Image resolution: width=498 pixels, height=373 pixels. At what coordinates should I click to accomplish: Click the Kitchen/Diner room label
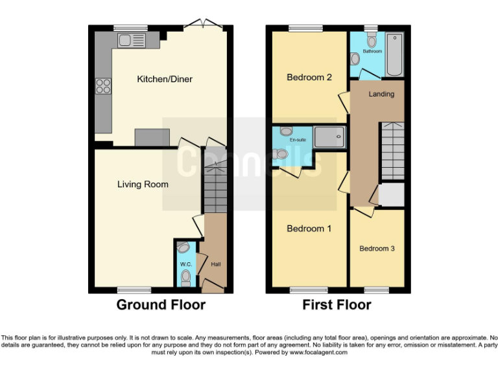164,80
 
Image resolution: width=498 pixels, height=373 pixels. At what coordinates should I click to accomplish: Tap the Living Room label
143,185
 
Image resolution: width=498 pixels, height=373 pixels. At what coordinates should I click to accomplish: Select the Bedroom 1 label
309,229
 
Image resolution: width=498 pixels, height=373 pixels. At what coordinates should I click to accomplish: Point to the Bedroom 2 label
309,78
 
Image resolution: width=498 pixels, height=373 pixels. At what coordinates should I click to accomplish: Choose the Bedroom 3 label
377,249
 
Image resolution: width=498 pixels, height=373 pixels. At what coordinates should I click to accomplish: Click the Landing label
381,95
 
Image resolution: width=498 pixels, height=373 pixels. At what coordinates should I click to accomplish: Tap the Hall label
216,264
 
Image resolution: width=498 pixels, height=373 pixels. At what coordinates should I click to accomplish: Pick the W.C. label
185,264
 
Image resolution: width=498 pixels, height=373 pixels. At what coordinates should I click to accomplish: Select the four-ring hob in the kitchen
103,86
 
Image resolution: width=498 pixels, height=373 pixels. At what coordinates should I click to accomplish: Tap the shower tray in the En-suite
329,137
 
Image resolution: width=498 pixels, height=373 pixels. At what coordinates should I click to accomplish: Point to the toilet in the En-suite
280,154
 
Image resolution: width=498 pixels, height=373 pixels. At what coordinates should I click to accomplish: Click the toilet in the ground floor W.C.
186,278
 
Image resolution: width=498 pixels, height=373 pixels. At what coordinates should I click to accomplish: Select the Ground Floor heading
161,305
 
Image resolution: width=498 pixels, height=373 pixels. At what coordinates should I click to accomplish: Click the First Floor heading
337,305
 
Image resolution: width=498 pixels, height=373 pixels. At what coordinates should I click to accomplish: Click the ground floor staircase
215,188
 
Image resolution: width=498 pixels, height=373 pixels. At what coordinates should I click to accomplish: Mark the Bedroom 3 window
376,289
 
